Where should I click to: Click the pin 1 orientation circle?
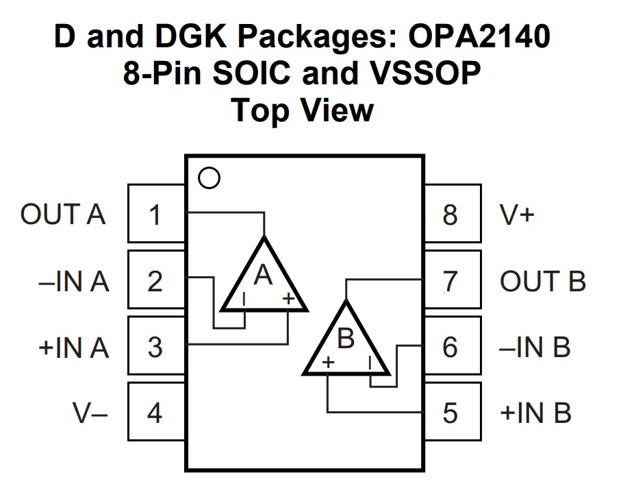[209, 178]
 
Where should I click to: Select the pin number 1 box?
[156, 213]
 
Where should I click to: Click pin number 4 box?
[156, 411]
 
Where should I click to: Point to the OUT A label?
[63, 215]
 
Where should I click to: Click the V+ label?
[517, 215]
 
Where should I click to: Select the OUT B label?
[543, 281]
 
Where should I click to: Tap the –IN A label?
[73, 281]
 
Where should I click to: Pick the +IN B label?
[535, 413]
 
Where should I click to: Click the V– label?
[90, 413]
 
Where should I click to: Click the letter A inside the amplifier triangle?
[263, 274]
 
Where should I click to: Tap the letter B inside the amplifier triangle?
[346, 339]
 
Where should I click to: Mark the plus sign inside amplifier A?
[288, 298]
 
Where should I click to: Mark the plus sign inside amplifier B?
[328, 363]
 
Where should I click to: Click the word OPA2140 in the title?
[479, 36]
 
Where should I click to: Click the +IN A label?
[73, 348]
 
